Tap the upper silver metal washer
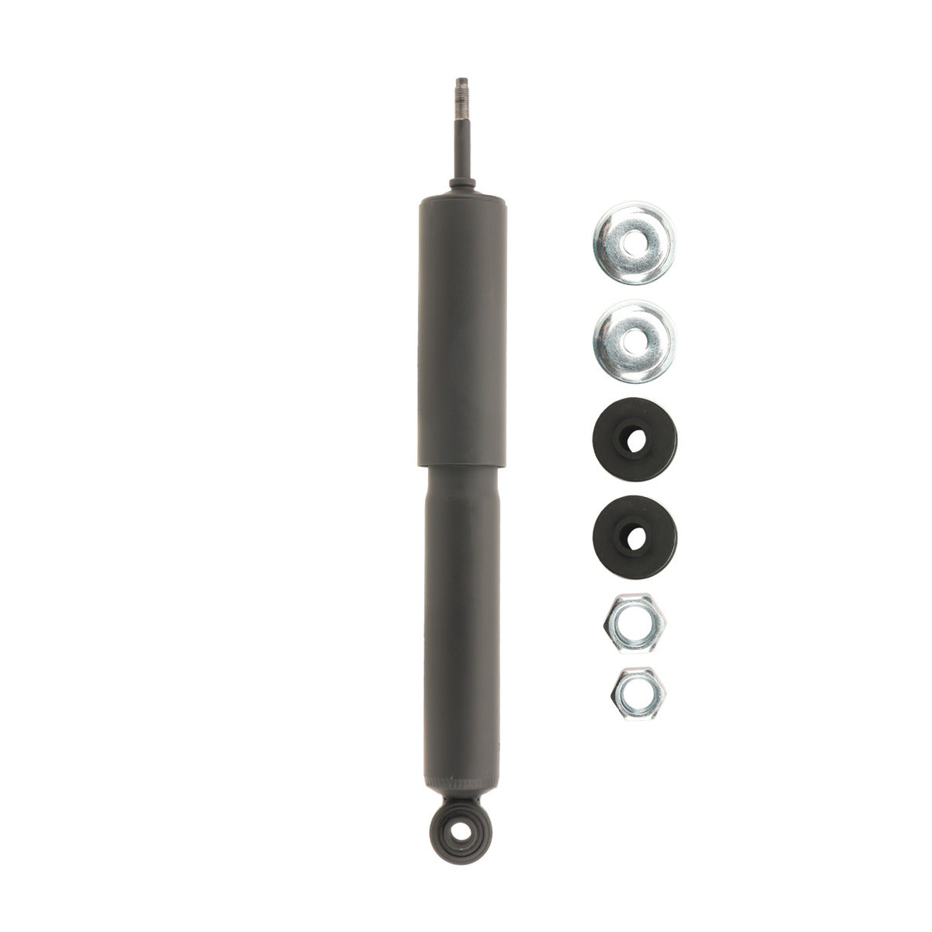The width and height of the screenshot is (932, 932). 634,242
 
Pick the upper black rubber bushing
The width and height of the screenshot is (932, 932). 634,440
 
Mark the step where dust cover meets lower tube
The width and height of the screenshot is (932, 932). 463,466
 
